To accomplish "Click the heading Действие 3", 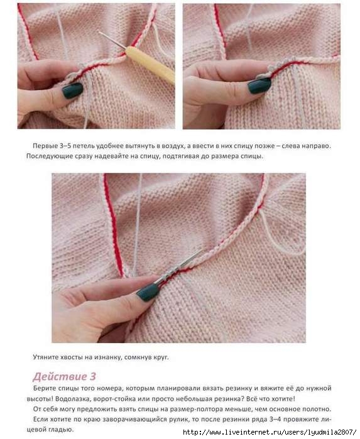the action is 64,376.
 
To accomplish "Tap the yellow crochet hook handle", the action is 150,65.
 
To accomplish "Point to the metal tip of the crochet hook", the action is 111,39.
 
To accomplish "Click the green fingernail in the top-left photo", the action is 72,90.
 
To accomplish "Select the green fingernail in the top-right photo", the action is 259,85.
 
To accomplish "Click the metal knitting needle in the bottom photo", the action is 179,266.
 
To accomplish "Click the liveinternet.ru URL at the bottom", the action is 270,431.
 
